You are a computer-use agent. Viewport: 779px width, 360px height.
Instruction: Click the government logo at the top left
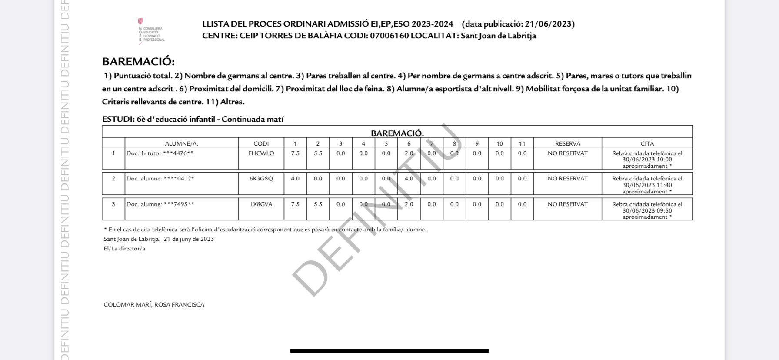pyautogui.click(x=150, y=31)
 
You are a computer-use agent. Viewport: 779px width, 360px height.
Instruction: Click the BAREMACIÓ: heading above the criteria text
pyautogui.click(x=138, y=62)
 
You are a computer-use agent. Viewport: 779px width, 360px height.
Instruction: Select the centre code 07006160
pyautogui.click(x=389, y=36)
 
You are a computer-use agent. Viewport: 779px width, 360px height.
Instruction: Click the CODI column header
pyautogui.click(x=261, y=143)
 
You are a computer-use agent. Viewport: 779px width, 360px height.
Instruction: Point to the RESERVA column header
pyautogui.click(x=567, y=143)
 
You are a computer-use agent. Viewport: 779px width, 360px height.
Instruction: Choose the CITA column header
pyautogui.click(x=647, y=143)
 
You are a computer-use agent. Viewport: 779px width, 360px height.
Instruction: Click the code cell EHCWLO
pyautogui.click(x=261, y=153)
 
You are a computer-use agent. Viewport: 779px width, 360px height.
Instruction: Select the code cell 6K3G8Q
pyautogui.click(x=261, y=179)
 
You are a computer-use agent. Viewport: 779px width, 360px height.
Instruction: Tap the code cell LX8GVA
pyautogui.click(x=261, y=204)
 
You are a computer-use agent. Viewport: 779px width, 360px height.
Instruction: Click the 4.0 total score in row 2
pyautogui.click(x=295, y=179)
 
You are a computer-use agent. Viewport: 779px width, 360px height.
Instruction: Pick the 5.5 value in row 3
pyautogui.click(x=318, y=204)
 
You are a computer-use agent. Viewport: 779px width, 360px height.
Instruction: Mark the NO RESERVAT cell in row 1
pyautogui.click(x=567, y=153)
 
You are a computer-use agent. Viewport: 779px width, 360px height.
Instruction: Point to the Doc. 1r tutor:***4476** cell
pyautogui.click(x=160, y=153)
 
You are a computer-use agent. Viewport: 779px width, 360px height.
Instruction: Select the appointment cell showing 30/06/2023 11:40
pyautogui.click(x=647, y=185)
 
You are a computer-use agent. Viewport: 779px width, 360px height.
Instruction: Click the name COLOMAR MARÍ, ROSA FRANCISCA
pyautogui.click(x=154, y=305)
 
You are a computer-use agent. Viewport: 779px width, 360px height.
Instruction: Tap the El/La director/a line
pyautogui.click(x=124, y=249)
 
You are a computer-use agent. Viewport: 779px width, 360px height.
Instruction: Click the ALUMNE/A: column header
pyautogui.click(x=181, y=143)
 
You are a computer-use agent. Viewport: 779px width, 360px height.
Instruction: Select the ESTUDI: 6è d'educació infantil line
pyautogui.click(x=193, y=119)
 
